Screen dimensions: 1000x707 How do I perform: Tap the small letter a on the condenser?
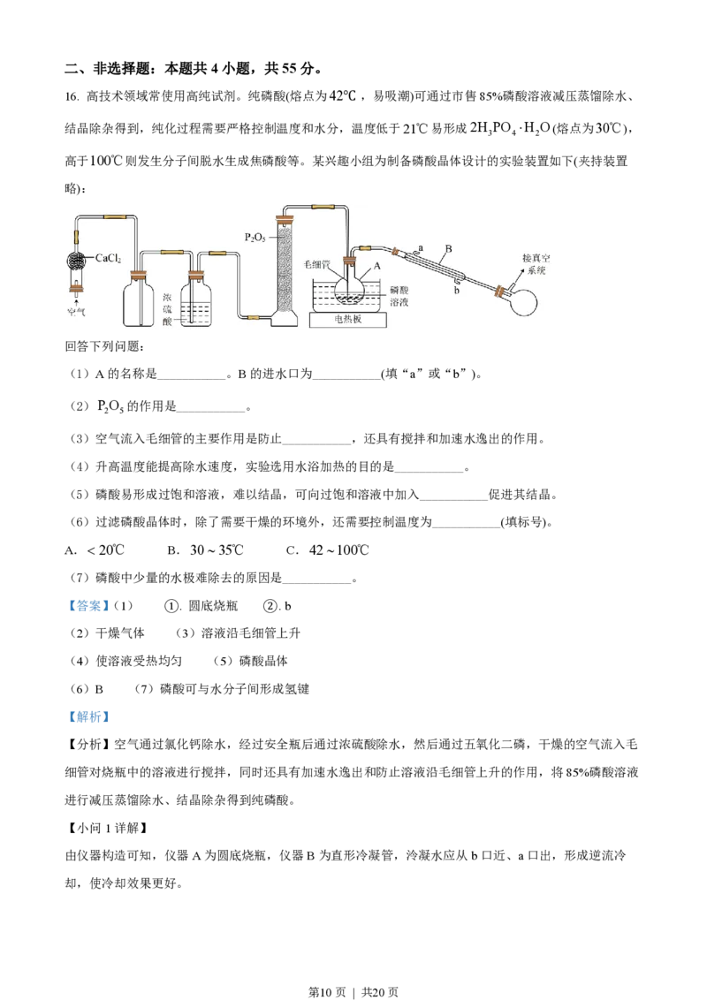point(420,250)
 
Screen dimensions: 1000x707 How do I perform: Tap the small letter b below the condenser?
point(456,291)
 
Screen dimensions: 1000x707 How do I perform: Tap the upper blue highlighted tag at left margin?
point(88,605)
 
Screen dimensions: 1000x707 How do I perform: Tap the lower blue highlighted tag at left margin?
point(88,717)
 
